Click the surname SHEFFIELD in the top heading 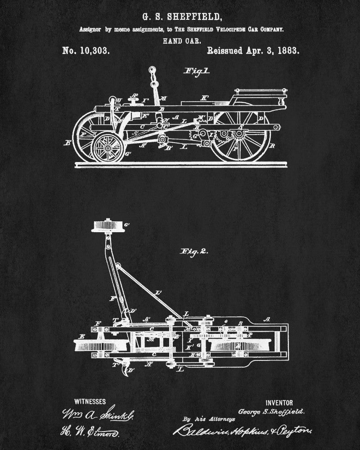coord(194,17)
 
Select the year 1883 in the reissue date coord(287,51)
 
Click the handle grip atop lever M coord(152,71)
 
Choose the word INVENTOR coord(279,403)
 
